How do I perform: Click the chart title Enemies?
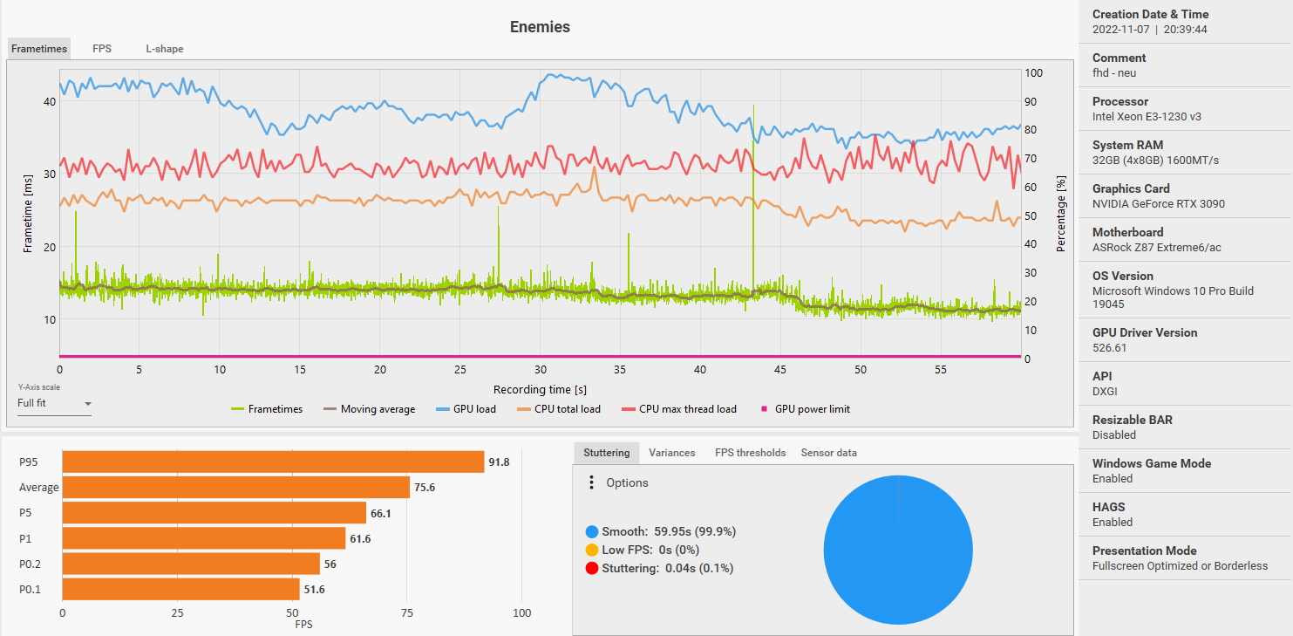(x=540, y=27)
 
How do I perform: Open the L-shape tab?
(x=164, y=49)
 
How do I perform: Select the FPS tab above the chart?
(x=102, y=49)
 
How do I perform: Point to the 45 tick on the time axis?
(x=780, y=370)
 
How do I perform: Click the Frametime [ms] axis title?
(x=28, y=213)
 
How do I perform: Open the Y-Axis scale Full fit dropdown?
(x=55, y=404)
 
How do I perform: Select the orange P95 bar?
(x=273, y=462)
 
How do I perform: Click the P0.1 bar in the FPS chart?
(x=180, y=590)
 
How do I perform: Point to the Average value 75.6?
(x=425, y=488)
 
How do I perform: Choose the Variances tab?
(x=671, y=453)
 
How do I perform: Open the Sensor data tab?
(x=828, y=453)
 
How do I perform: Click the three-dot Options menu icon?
(x=591, y=482)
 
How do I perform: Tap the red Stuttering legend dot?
(x=592, y=569)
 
